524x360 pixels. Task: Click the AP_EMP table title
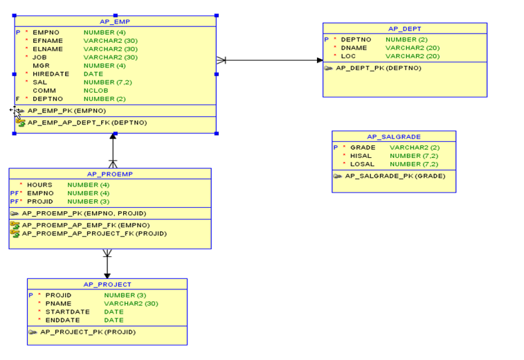[x=115, y=21]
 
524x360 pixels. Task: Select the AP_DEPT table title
[x=404, y=28]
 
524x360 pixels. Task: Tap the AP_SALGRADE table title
[x=394, y=136]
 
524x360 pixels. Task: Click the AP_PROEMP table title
[x=110, y=174]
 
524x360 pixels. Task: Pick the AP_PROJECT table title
[x=107, y=284]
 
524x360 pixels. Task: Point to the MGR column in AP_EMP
[x=41, y=65]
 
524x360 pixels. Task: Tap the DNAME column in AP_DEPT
[x=354, y=48]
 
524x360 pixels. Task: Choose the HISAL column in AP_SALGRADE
[x=362, y=156]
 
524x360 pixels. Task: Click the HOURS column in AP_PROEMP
[x=39, y=185]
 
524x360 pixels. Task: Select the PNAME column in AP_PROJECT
[x=58, y=303]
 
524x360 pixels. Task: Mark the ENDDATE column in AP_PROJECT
[x=62, y=320]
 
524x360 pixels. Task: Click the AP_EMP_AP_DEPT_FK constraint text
[x=87, y=123]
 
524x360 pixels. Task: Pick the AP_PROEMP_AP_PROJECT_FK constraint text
[x=94, y=233]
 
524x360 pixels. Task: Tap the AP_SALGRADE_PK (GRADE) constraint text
[x=395, y=176]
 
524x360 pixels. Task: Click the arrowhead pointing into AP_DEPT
[x=319, y=60]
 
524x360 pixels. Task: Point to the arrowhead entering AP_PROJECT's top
[x=107, y=276]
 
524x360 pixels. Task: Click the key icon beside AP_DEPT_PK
[x=329, y=68]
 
